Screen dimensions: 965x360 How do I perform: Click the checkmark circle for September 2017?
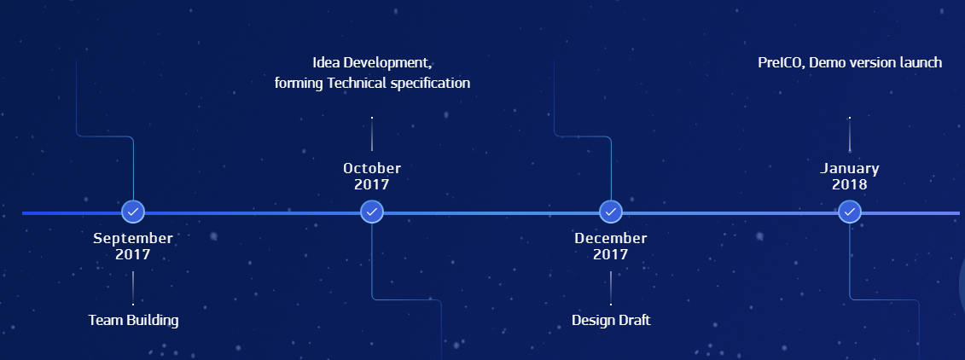133,212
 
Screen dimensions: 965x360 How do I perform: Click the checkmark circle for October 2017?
372,212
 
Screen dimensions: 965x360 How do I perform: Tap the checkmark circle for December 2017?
611,212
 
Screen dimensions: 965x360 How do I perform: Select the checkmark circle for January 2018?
849,212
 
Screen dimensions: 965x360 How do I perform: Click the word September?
133,238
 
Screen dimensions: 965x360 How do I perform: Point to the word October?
372,168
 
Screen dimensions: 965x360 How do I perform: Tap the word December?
611,238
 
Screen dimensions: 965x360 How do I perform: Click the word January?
849,168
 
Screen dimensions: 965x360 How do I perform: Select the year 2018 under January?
849,184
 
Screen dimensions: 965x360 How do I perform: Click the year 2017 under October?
372,184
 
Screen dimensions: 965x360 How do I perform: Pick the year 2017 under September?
133,254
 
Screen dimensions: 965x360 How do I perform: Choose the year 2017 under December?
611,254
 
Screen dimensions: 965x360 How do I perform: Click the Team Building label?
134,320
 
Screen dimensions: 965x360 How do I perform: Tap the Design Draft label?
611,320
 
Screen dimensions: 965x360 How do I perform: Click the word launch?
921,62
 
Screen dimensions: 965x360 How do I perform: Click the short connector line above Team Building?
133,288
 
